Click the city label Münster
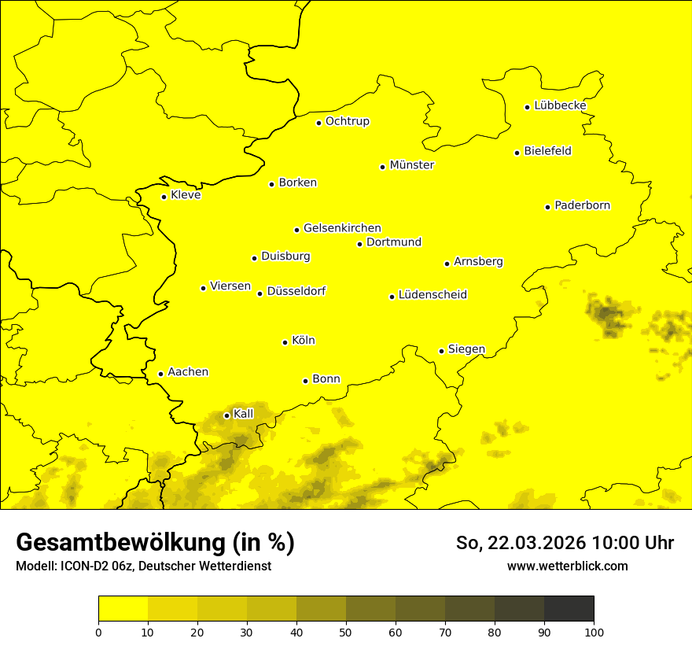pyautogui.click(x=412, y=165)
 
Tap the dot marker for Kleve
pyautogui.click(x=164, y=197)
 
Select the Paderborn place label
pyautogui.click(x=583, y=205)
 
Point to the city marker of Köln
pyautogui.click(x=285, y=342)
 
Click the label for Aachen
pyautogui.click(x=188, y=371)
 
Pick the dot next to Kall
pyautogui.click(x=226, y=415)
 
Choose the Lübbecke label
pyautogui.click(x=560, y=105)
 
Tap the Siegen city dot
pyautogui.click(x=441, y=351)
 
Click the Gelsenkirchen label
pyautogui.click(x=342, y=228)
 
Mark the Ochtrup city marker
pyautogui.click(x=318, y=123)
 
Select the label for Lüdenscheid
pyautogui.click(x=432, y=295)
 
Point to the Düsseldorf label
pyautogui.click(x=296, y=291)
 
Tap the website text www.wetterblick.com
pyautogui.click(x=568, y=566)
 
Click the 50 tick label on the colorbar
pyautogui.click(x=346, y=632)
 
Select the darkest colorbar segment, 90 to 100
pyautogui.click(x=569, y=608)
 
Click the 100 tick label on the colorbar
pyautogui.click(x=594, y=632)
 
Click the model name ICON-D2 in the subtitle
pyautogui.click(x=84, y=566)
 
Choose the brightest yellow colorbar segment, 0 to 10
pyautogui.click(x=123, y=608)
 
